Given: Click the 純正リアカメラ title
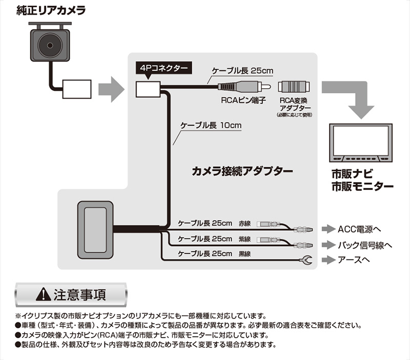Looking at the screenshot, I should coord(50,10).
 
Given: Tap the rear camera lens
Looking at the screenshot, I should coord(49,45).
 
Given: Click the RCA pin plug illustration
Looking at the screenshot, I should coord(241,88).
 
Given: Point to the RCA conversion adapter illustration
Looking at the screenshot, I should coord(295,88).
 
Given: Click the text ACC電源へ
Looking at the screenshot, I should coord(360,229).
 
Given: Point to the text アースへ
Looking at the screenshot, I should coord(354,261).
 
